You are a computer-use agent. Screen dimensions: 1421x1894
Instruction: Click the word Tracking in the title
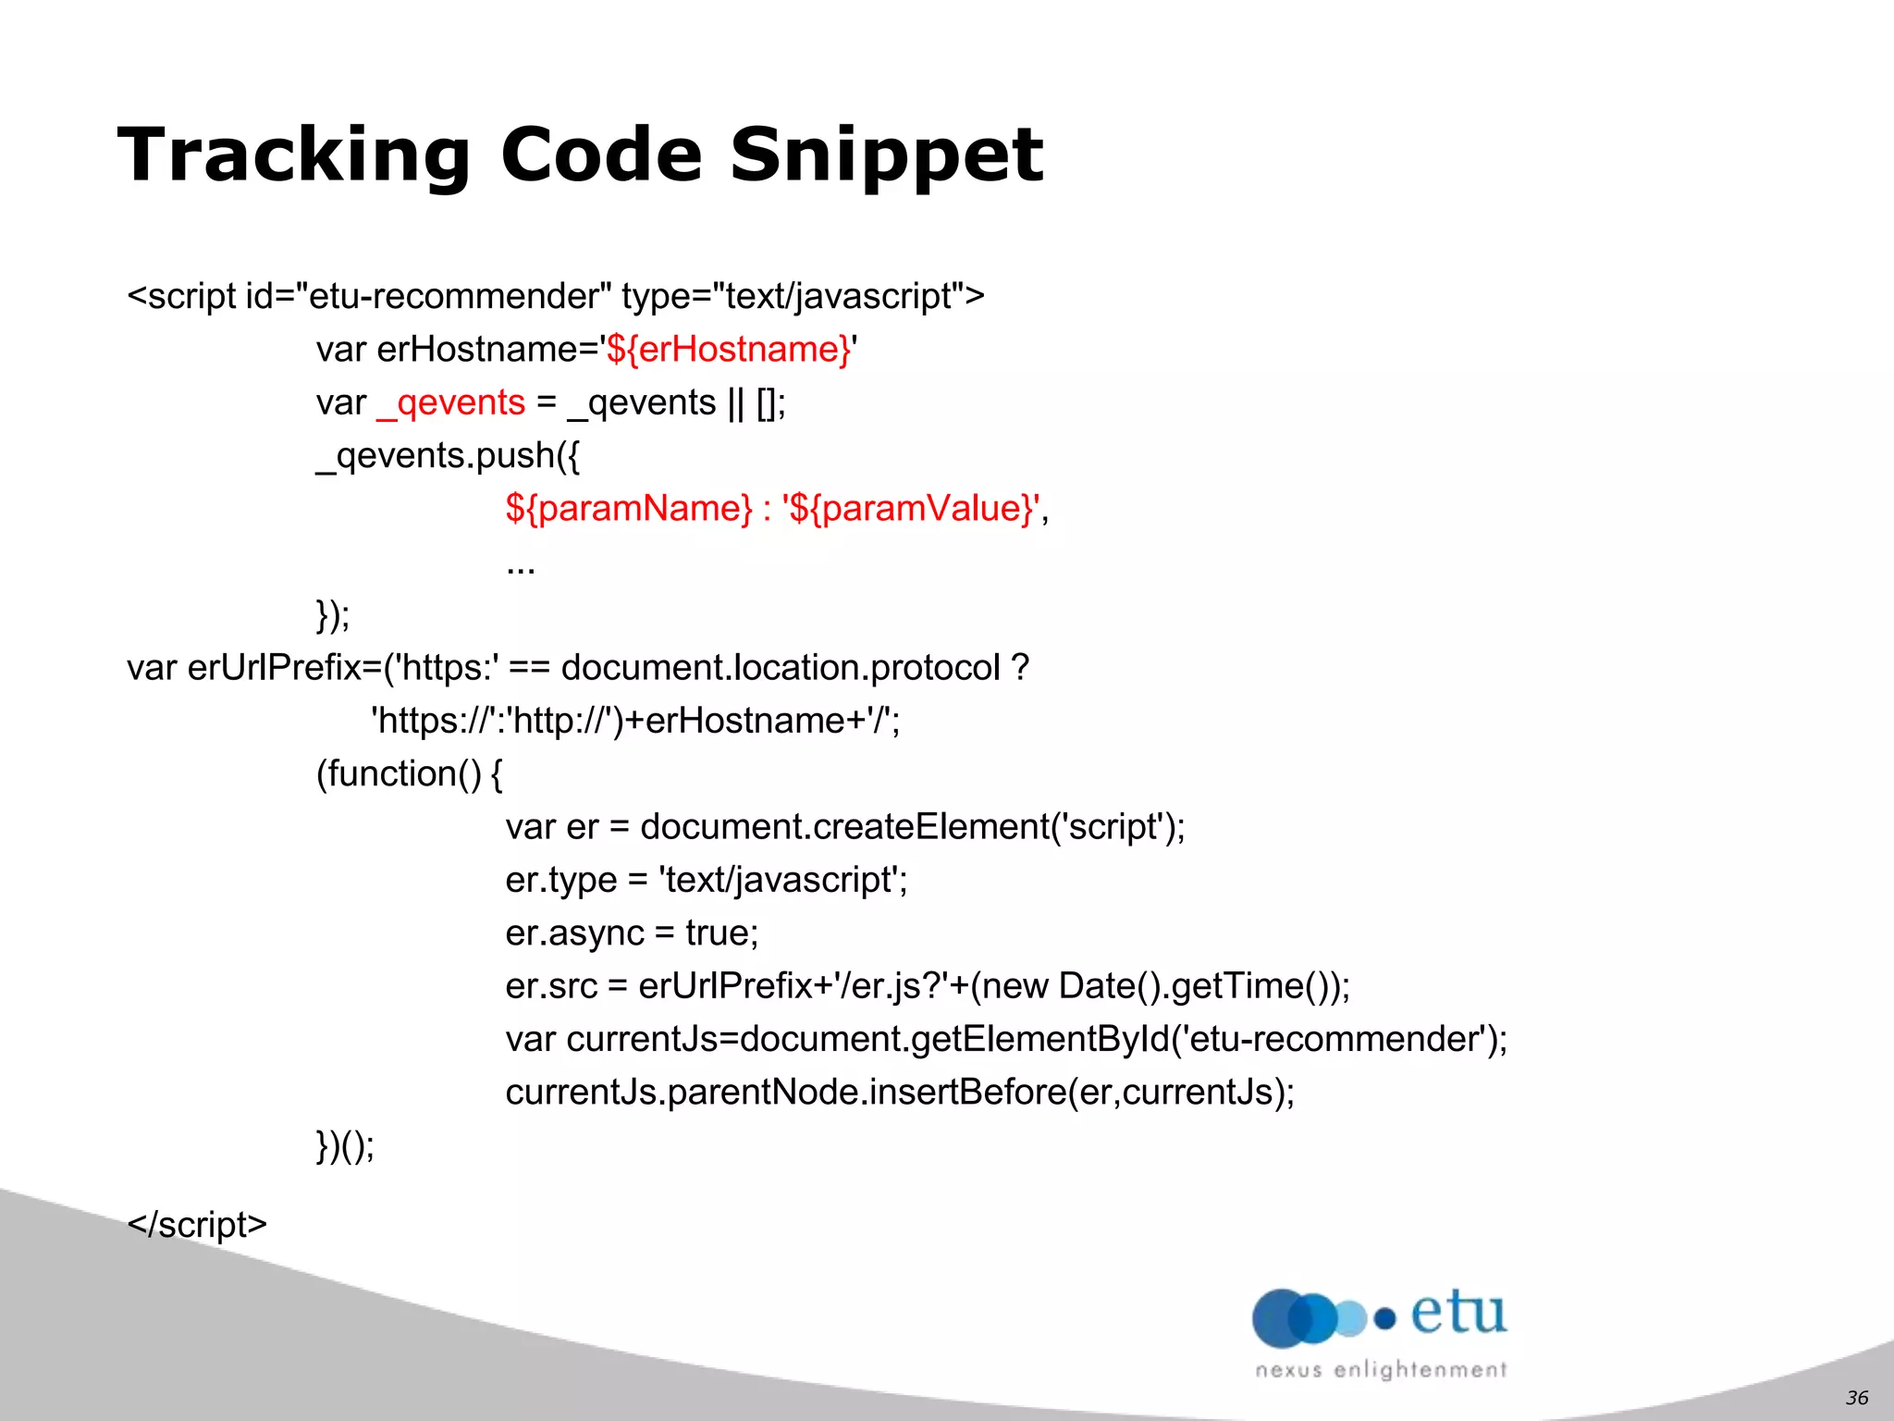click(294, 155)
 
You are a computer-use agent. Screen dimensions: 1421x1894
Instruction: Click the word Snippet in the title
click(886, 155)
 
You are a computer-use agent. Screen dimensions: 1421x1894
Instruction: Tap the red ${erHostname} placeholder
click(728, 350)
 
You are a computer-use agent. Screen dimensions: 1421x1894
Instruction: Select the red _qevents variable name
click(451, 403)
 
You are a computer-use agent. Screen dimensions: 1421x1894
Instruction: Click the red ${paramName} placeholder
click(629, 509)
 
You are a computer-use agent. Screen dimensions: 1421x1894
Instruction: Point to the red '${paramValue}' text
click(912, 509)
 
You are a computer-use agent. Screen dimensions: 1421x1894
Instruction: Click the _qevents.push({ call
click(448, 456)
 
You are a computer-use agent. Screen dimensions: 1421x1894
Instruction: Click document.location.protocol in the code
click(781, 668)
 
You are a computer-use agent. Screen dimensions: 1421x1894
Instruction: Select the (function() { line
click(409, 774)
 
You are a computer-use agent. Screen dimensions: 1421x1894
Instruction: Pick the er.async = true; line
click(632, 933)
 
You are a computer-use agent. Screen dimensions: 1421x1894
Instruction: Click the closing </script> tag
click(197, 1225)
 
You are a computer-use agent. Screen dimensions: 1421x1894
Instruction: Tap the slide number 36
click(1856, 1398)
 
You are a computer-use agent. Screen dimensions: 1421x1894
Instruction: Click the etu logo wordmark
click(1458, 1314)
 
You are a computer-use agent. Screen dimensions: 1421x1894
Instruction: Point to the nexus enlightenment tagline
click(1381, 1370)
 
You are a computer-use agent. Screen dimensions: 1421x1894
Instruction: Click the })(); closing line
click(345, 1146)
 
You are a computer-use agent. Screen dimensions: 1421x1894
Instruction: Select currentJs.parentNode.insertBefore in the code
click(786, 1093)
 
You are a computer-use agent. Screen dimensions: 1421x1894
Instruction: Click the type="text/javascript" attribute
click(802, 297)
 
